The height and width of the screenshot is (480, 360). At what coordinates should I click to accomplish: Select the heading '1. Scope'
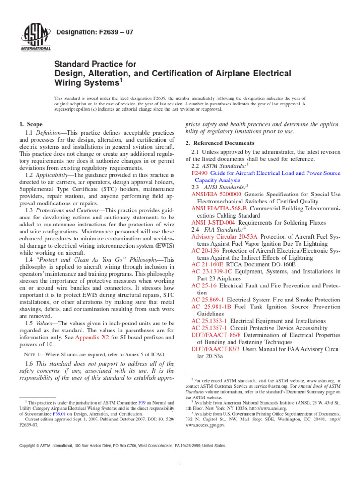tap(30, 124)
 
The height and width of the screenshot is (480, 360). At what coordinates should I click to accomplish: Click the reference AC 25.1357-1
tap(210, 328)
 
